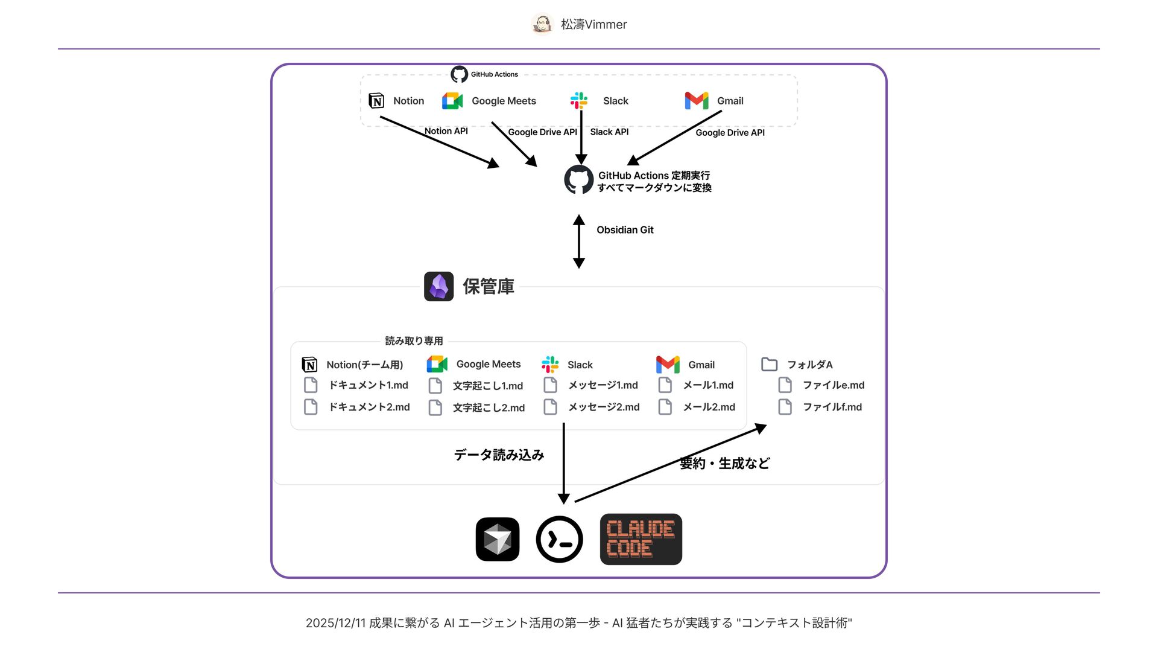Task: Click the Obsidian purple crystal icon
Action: (x=438, y=286)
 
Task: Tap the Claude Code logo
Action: (x=641, y=539)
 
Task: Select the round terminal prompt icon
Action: (x=559, y=539)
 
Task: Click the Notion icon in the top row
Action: (x=376, y=101)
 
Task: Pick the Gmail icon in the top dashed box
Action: (x=697, y=101)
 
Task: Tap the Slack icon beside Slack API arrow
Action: (x=579, y=100)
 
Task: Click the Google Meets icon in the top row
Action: (x=452, y=101)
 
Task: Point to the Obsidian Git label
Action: (x=625, y=230)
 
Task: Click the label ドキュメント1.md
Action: (x=369, y=385)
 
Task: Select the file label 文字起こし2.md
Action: (x=489, y=408)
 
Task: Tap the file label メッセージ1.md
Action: (x=603, y=385)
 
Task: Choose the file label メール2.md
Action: (x=709, y=407)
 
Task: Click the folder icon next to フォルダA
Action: (x=769, y=364)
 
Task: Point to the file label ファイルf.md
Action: (x=832, y=407)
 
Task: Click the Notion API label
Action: (x=446, y=131)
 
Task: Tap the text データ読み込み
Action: (x=499, y=455)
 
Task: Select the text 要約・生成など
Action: (x=724, y=464)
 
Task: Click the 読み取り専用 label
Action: (x=414, y=341)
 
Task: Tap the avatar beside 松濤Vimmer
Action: (x=542, y=24)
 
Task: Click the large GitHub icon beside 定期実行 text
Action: (x=578, y=180)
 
